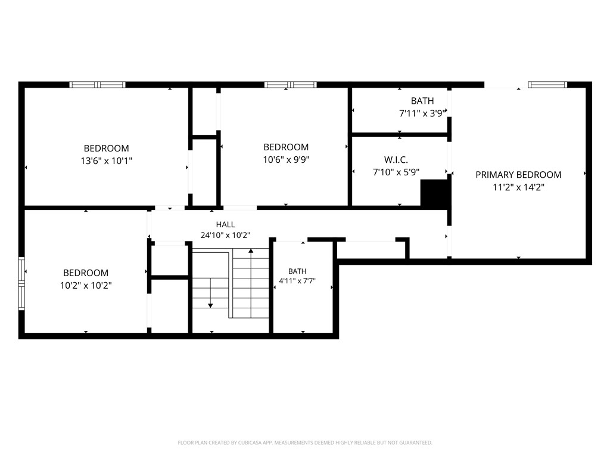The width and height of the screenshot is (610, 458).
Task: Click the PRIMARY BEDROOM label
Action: [x=518, y=175]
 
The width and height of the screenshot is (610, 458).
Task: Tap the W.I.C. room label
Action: [x=396, y=160]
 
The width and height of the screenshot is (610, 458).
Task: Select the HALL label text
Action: [x=225, y=224]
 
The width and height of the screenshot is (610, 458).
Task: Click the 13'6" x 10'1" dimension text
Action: [x=106, y=160]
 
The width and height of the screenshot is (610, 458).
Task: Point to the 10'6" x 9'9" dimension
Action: [x=286, y=159]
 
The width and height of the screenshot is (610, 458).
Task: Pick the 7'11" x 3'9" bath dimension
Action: [x=422, y=113]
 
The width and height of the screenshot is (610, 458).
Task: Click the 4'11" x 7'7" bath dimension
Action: [x=297, y=280]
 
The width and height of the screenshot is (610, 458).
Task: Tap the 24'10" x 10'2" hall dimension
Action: [x=225, y=235]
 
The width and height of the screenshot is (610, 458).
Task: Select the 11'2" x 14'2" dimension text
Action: [x=518, y=187]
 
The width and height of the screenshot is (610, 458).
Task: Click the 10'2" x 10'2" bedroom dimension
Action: [x=86, y=285]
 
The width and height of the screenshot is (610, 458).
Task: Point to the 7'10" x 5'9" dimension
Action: [x=396, y=172]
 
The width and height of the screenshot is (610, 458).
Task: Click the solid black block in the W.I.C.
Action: [x=434, y=193]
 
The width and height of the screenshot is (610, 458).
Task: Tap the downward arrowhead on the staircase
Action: [x=210, y=306]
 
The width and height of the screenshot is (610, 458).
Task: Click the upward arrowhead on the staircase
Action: [x=251, y=251]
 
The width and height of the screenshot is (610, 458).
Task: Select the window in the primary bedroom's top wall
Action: [x=547, y=85]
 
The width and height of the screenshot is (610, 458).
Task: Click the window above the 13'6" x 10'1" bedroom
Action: [x=97, y=85]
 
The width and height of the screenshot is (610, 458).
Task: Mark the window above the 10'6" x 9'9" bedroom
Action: [x=290, y=85]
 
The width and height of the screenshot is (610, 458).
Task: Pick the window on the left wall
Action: [x=21, y=283]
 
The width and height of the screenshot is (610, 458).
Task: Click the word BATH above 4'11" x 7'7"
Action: [x=297, y=271]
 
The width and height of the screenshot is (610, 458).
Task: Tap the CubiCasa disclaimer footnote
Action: [x=305, y=442]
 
